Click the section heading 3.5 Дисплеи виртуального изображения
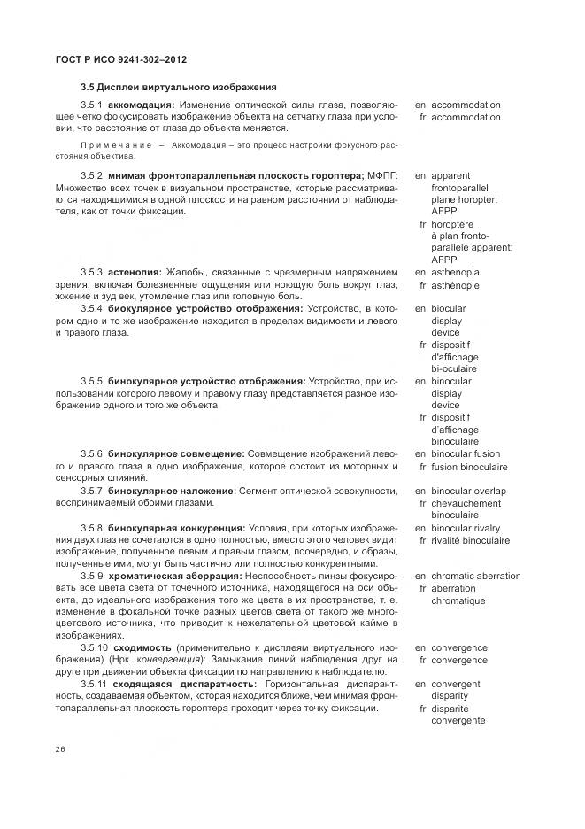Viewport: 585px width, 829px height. click(x=179, y=87)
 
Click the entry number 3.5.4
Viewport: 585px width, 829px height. click(x=92, y=307)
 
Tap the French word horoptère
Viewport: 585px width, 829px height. click(x=458, y=224)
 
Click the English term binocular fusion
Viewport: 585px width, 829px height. click(x=466, y=453)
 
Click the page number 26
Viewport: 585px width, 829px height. click(x=61, y=749)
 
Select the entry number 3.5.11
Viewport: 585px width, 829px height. click(x=92, y=684)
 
